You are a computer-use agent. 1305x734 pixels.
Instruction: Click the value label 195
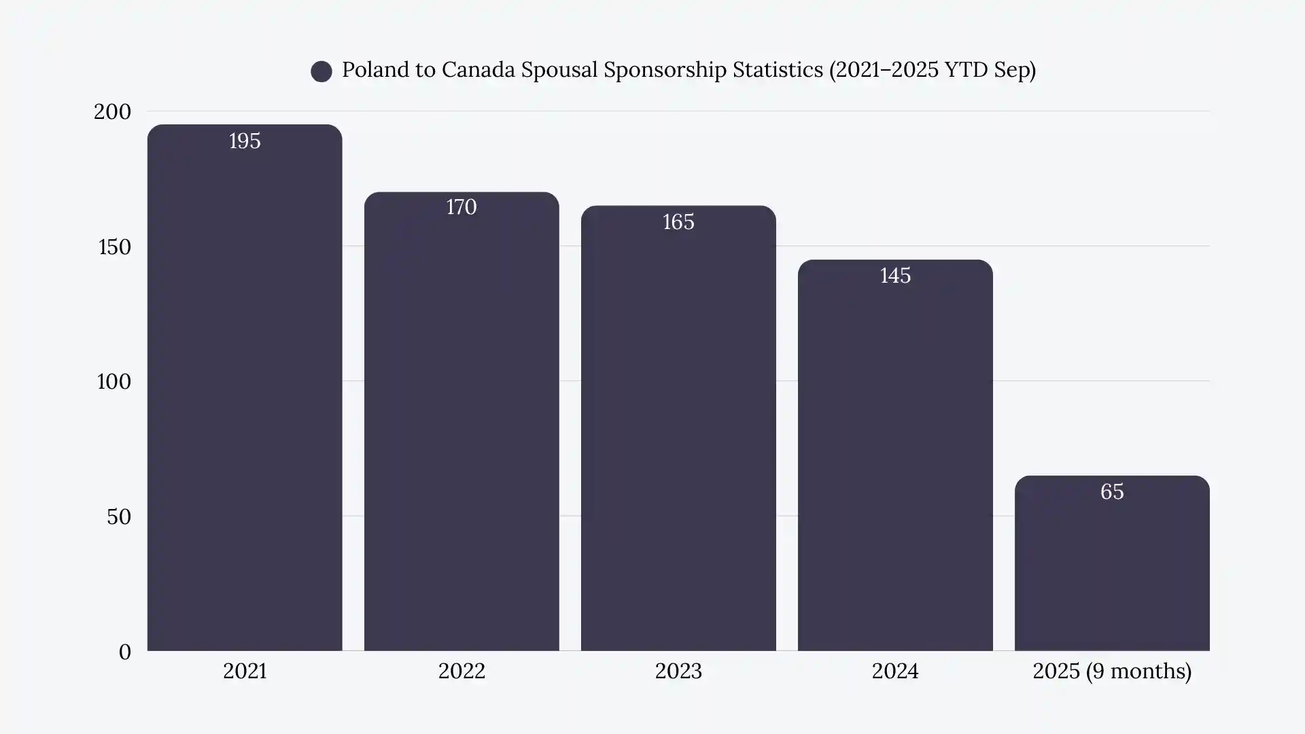click(245, 141)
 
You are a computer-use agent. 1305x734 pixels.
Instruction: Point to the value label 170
click(462, 207)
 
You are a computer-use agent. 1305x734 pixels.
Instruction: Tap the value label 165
click(678, 222)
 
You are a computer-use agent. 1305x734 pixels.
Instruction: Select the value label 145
click(895, 275)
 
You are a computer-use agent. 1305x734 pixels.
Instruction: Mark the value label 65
click(1112, 491)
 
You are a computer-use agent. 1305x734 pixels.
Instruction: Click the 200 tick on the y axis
click(112, 111)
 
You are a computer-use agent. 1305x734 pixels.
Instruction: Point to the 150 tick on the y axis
click(114, 247)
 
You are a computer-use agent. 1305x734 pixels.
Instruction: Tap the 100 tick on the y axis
click(114, 381)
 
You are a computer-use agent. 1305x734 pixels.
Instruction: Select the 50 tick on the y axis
click(118, 517)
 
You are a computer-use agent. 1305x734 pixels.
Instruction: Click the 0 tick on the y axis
click(124, 652)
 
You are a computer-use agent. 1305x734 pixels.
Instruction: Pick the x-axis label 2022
click(462, 671)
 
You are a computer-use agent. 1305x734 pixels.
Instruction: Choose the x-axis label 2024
click(895, 671)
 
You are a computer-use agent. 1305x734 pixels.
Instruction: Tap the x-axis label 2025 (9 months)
click(1112, 671)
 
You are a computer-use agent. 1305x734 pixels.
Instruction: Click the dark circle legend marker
click(321, 71)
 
